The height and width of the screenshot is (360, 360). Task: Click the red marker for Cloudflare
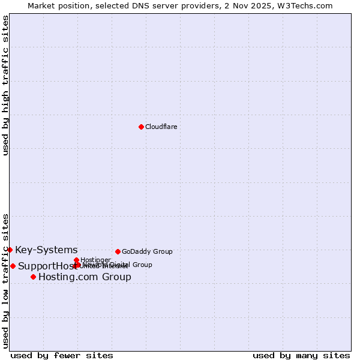point(141,127)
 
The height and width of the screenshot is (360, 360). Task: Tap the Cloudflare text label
point(161,127)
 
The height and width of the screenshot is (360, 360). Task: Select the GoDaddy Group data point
point(118,251)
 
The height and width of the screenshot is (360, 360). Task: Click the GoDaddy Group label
point(147,251)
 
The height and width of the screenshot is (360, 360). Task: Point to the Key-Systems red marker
point(10,250)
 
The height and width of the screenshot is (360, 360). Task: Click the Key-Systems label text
point(46,250)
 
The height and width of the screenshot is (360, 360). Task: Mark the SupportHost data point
point(13,266)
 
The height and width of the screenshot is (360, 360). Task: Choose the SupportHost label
point(44,266)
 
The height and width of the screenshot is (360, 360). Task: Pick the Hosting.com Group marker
point(33,277)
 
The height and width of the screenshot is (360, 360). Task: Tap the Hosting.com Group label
point(85,277)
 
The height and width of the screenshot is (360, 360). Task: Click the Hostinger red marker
point(76,260)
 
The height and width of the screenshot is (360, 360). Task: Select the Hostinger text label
point(95,260)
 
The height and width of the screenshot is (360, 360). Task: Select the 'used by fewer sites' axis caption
point(62,355)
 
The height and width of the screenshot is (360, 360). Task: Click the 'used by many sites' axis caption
point(301,355)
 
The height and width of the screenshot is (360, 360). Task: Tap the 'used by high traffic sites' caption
point(5,85)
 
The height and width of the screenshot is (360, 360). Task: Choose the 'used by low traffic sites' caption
point(5,280)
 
